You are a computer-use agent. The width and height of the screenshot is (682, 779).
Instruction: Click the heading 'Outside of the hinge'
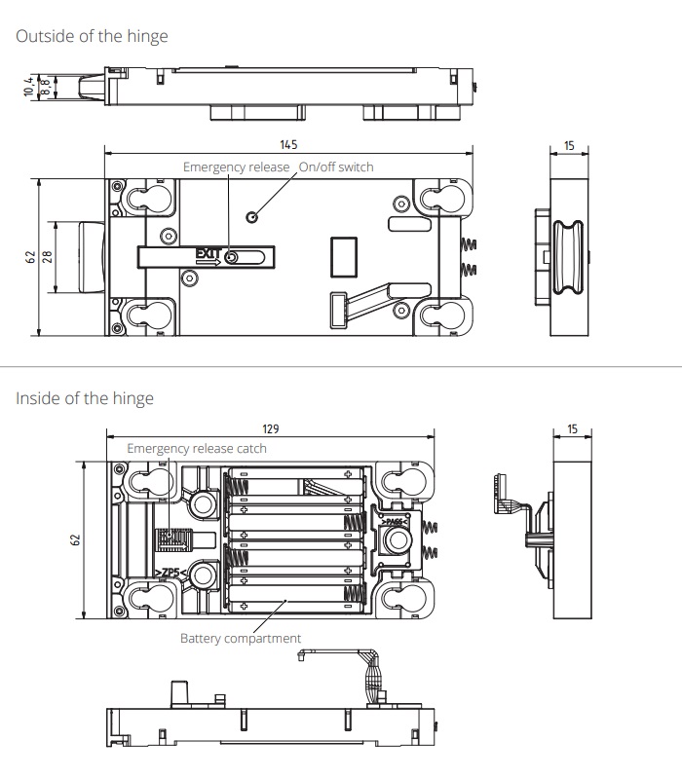[x=92, y=36]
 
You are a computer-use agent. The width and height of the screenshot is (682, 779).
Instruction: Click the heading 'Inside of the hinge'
[x=85, y=398]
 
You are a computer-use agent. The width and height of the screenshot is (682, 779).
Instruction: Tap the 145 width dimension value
[x=288, y=144]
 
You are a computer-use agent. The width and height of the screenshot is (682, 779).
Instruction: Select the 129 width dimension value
[x=271, y=428]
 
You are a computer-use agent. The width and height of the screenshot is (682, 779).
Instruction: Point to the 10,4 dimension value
[x=29, y=86]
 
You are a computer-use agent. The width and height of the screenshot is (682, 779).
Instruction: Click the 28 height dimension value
[x=47, y=257]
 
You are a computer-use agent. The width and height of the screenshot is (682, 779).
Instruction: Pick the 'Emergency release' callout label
[x=236, y=167]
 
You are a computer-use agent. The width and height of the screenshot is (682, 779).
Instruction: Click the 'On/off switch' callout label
[x=336, y=167]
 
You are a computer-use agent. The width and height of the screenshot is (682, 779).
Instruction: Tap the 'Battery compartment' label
[x=241, y=639]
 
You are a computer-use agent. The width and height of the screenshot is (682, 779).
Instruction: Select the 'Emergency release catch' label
[x=197, y=449]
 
